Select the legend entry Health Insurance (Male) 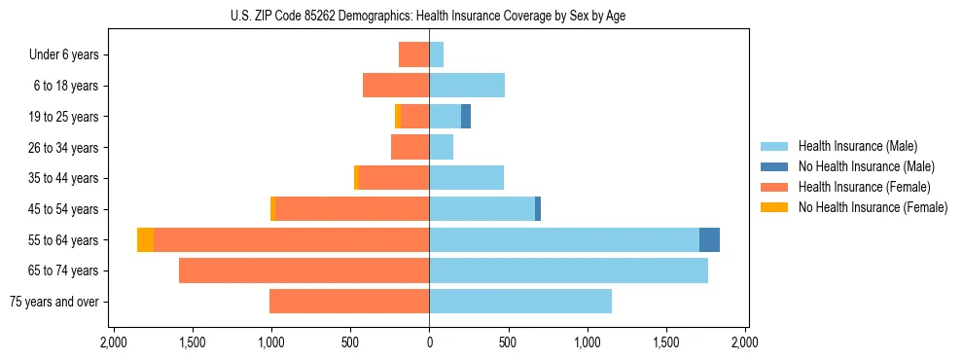[857, 146]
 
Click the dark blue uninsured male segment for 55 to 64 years [709, 239]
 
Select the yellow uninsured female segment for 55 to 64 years [145, 239]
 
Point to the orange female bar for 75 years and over [349, 302]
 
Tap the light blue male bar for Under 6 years [437, 54]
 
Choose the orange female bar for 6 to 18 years [396, 86]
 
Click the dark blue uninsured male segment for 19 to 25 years [466, 117]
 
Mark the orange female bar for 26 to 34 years [410, 147]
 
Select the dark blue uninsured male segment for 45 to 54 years [538, 208]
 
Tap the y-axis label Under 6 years [63, 54]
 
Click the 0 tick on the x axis [429, 342]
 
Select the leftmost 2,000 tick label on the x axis [113, 342]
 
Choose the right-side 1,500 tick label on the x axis [666, 342]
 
